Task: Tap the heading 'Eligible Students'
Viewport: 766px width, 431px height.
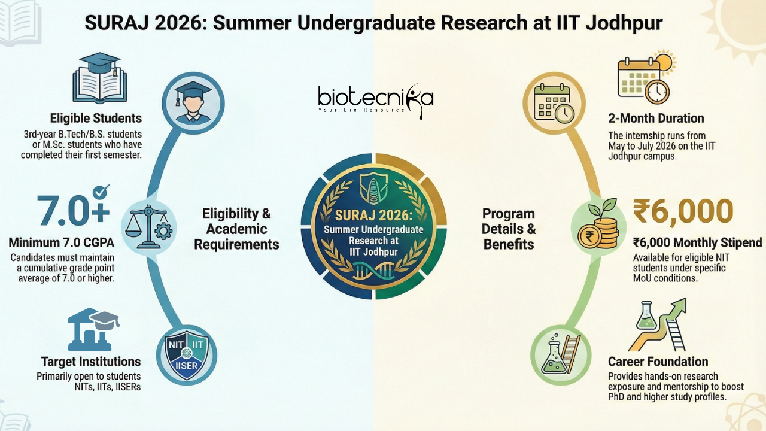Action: [x=96, y=117]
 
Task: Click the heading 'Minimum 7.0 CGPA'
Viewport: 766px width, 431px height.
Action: [x=61, y=244]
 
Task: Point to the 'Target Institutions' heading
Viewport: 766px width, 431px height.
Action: [x=91, y=362]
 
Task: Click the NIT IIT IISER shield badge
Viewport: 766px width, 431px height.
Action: [x=186, y=354]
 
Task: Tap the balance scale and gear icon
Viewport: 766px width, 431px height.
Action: [x=148, y=225]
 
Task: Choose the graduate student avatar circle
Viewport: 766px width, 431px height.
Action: [x=192, y=100]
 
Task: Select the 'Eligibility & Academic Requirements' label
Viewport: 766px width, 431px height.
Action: [x=236, y=229]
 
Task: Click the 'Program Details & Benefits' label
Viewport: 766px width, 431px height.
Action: [x=509, y=229]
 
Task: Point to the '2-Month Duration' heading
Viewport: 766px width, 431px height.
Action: [x=656, y=118]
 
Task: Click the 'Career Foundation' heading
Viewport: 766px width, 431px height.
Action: [x=658, y=362]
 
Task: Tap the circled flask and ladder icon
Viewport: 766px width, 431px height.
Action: [x=560, y=354]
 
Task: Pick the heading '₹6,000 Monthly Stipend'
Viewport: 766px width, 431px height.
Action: [x=697, y=242]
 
